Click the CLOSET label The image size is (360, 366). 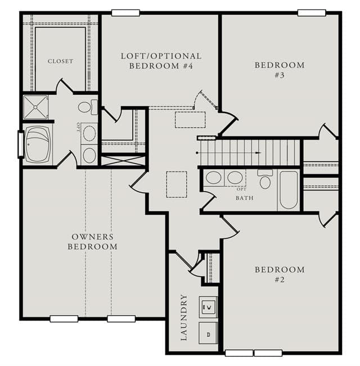click(x=60, y=61)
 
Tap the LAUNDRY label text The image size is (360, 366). click(x=184, y=317)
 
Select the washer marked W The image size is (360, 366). click(x=208, y=307)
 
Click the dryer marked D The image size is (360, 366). click(x=208, y=333)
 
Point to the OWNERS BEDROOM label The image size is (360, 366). click(x=92, y=242)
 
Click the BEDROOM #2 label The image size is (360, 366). click(x=280, y=274)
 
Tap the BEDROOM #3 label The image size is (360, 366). click(x=280, y=70)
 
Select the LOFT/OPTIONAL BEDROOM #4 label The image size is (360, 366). click(x=161, y=61)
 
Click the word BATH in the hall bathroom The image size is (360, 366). click(x=245, y=198)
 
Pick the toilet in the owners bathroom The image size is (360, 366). click(x=88, y=107)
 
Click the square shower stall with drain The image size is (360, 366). click(x=35, y=107)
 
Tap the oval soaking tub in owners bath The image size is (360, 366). click(x=38, y=144)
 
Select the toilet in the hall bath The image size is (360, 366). click(x=265, y=179)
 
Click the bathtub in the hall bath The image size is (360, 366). click(x=289, y=190)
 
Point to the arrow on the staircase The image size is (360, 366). click(x=258, y=153)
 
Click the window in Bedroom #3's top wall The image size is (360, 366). click(x=312, y=13)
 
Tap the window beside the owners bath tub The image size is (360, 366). click(x=21, y=144)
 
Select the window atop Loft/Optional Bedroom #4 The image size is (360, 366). click(x=125, y=13)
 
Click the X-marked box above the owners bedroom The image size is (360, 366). click(x=123, y=161)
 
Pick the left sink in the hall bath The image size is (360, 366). click(x=214, y=178)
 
